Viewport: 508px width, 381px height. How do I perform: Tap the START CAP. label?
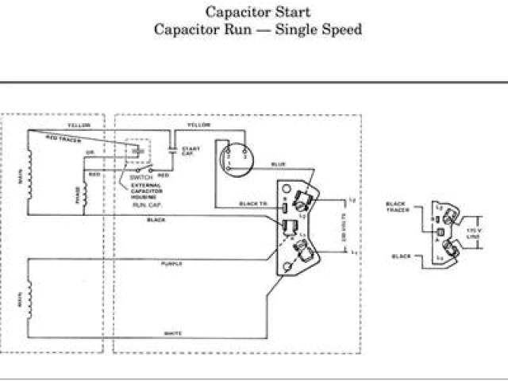click(x=191, y=151)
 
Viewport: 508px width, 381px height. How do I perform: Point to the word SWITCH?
click(x=140, y=179)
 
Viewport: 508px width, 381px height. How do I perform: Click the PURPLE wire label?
click(x=171, y=263)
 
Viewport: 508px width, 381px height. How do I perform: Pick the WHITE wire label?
click(x=173, y=334)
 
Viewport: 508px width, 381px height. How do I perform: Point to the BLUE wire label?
click(x=278, y=164)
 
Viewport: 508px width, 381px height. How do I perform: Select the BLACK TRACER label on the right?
click(x=396, y=206)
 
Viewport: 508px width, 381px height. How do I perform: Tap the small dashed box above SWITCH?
click(x=139, y=151)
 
